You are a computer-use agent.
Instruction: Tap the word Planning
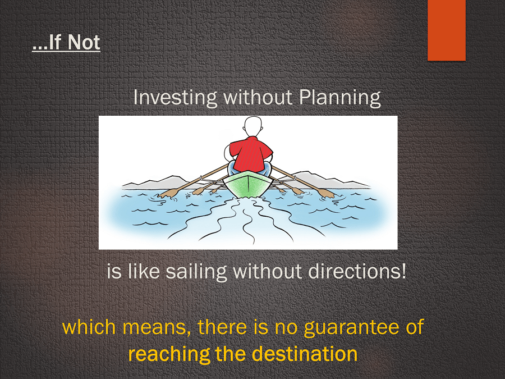coord(340,98)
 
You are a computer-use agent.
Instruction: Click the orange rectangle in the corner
coord(447,30)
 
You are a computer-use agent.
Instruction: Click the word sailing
coord(196,271)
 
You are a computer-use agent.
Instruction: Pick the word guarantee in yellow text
coord(352,328)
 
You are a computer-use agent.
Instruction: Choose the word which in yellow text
coord(89,327)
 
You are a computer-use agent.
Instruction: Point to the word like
coord(144,271)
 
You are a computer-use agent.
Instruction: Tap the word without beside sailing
coord(267,271)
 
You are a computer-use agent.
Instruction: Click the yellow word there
coord(221,327)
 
